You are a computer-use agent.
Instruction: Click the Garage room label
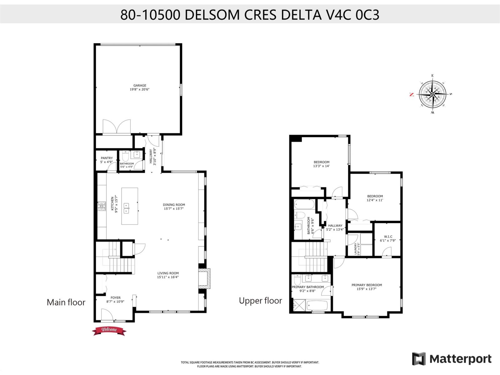pyautogui.click(x=140, y=86)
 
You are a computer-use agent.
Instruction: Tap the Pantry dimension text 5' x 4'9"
pyautogui.click(x=106, y=162)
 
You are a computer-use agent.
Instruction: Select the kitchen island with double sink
pyautogui.click(x=130, y=206)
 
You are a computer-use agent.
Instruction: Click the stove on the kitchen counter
pyautogui.click(x=102, y=206)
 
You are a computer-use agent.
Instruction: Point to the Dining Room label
pyautogui.click(x=174, y=205)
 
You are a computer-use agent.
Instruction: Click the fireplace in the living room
pyautogui.click(x=204, y=278)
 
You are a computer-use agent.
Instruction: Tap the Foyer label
pyautogui.click(x=115, y=298)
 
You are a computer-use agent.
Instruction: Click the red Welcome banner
pyautogui.click(x=109, y=330)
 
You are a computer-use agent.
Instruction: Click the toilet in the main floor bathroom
pyautogui.click(x=125, y=156)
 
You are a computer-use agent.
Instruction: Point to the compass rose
pyautogui.click(x=432, y=94)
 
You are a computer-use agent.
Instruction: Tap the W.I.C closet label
pyautogui.click(x=388, y=237)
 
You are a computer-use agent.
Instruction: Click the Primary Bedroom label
pyautogui.click(x=367, y=285)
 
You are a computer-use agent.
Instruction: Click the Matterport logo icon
pyautogui.click(x=419, y=359)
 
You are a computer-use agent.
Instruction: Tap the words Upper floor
pyautogui.click(x=260, y=301)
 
